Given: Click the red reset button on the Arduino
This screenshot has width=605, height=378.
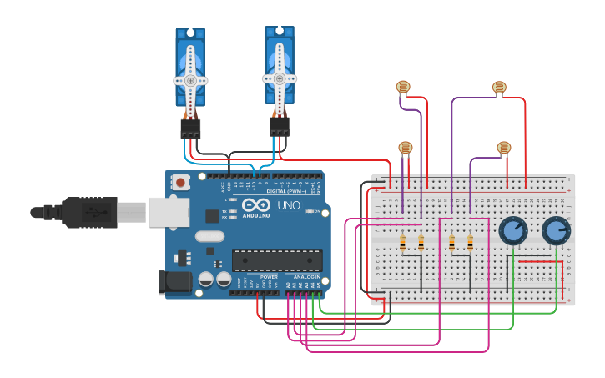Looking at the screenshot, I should point(180,182).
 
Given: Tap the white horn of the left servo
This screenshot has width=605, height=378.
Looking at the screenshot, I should point(190,80).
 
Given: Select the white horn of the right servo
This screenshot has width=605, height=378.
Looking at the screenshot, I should point(280,78).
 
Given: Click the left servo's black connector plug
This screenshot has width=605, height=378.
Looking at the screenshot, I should point(190,128).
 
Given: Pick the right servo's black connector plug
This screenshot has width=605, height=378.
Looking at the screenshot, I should point(280,126).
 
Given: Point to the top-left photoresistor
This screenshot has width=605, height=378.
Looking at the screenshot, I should point(403,86).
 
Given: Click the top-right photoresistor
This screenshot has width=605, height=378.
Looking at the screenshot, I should point(499,87).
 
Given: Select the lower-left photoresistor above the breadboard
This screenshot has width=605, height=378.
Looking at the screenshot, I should point(406,148).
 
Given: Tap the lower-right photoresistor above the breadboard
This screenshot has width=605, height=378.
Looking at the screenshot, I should point(503,148).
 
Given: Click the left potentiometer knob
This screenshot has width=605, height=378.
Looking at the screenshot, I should point(512,230).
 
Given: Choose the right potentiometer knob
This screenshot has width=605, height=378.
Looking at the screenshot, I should point(556,230).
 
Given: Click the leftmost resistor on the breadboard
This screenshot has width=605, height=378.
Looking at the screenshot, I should point(403,243).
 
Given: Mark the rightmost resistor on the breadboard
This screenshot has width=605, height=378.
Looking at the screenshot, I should point(471,243).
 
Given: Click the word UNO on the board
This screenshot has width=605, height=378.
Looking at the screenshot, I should point(288,205).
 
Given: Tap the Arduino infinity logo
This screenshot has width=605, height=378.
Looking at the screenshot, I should point(255,205).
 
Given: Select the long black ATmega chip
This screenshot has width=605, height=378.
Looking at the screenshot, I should point(277,260).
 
